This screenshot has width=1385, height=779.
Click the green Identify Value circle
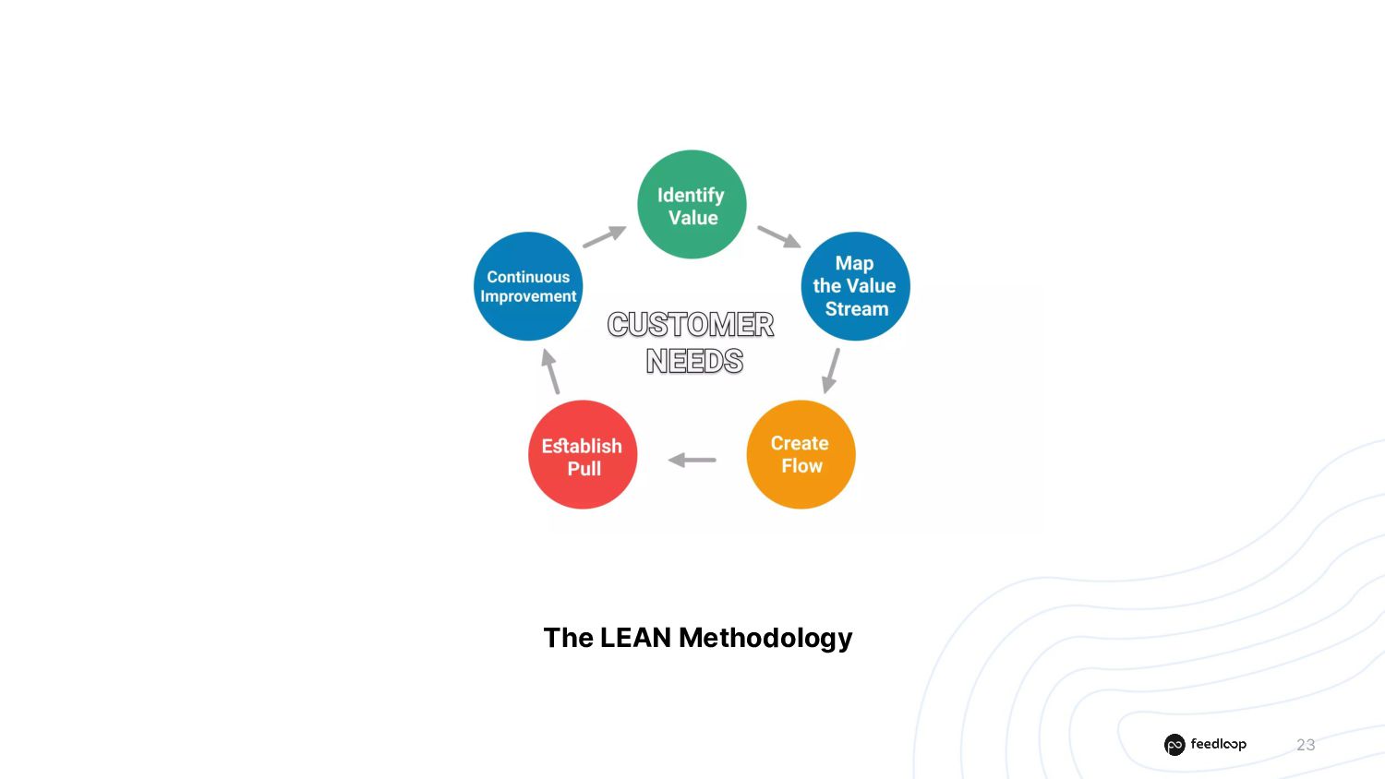[692, 204]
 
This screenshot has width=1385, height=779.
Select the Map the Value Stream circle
[855, 286]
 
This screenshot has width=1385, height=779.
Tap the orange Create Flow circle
[801, 454]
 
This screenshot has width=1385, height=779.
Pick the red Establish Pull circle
[583, 454]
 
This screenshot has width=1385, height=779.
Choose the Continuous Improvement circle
[528, 286]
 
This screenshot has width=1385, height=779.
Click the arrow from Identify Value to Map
[779, 237]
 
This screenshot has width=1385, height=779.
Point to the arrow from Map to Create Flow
[831, 370]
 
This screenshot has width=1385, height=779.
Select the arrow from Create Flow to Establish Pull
[692, 460]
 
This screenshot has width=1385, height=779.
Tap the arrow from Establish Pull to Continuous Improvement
[550, 371]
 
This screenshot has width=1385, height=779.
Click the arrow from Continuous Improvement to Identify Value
[605, 237]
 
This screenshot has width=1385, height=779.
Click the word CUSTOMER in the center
[691, 325]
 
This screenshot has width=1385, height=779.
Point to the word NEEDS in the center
[694, 361]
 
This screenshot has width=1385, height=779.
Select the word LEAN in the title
[635, 638]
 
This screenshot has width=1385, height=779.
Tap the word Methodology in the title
[765, 639]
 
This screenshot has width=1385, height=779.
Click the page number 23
[1306, 745]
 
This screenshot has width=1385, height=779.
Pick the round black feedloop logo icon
[1174, 745]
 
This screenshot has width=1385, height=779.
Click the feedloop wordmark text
[1218, 744]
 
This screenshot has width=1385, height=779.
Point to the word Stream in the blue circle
[857, 309]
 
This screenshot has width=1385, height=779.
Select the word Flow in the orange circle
[801, 466]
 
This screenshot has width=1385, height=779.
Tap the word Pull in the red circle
[584, 469]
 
